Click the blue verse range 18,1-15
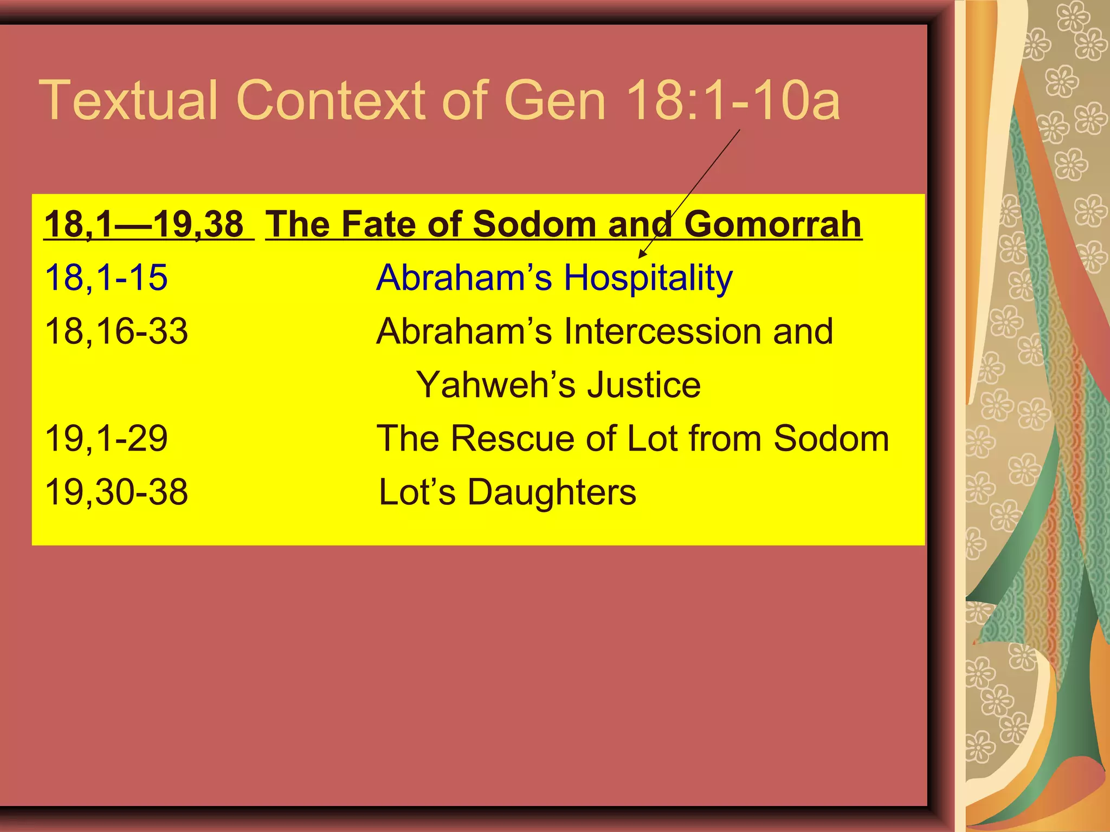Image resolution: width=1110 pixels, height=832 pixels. pyautogui.click(x=106, y=278)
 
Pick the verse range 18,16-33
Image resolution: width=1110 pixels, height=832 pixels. pyautogui.click(x=116, y=331)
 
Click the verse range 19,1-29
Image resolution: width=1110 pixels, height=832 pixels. pyautogui.click(x=106, y=438)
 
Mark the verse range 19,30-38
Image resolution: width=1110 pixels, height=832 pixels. pyautogui.click(x=116, y=492)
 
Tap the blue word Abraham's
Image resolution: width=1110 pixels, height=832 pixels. pyautogui.click(x=464, y=278)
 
